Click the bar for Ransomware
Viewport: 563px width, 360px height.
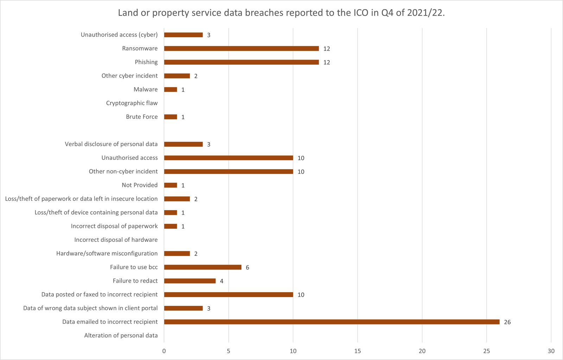click(241, 49)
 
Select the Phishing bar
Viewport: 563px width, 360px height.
click(241, 62)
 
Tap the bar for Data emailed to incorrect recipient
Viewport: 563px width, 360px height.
click(332, 322)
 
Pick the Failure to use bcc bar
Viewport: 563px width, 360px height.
click(203, 267)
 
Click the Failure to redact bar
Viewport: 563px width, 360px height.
click(190, 281)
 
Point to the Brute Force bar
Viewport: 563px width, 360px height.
click(170, 117)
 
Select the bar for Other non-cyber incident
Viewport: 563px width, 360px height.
click(228, 171)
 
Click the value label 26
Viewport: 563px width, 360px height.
click(507, 322)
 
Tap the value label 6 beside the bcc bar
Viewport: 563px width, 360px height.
click(247, 267)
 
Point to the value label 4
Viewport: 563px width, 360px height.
click(221, 281)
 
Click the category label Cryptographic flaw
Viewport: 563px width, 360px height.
click(132, 103)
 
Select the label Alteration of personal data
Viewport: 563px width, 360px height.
click(121, 335)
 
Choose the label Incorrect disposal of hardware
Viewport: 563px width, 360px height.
click(116, 240)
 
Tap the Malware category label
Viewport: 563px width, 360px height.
click(146, 89)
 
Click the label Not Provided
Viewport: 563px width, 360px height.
click(140, 185)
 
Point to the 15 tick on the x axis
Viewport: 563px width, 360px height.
click(358, 351)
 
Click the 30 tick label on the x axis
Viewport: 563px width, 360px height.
click(551, 351)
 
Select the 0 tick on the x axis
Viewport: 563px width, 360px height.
click(164, 351)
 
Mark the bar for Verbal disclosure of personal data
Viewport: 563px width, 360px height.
click(183, 144)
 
